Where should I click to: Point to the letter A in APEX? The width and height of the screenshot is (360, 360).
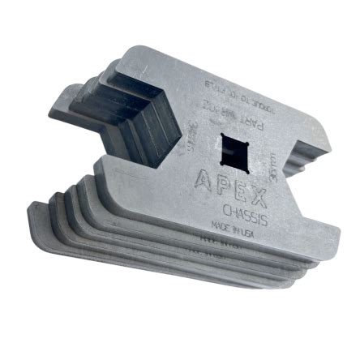coord(202,176)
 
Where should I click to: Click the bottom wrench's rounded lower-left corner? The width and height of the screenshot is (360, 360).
coord(36,219)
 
